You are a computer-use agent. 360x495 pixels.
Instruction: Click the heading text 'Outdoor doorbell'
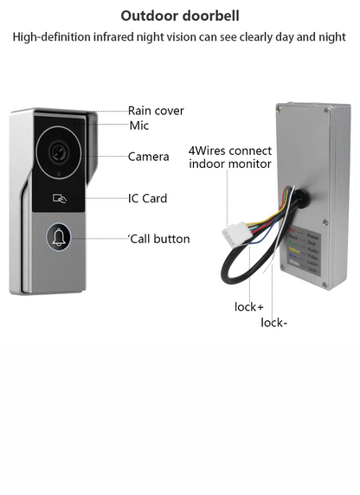(180, 16)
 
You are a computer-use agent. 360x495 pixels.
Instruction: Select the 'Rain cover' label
(156, 111)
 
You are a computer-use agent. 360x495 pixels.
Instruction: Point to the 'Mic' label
(139, 126)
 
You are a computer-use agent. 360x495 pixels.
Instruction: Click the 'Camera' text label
(148, 157)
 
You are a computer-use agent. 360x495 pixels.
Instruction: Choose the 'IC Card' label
(147, 198)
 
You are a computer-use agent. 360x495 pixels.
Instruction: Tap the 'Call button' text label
(159, 239)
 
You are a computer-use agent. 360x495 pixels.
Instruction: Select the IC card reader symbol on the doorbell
(59, 197)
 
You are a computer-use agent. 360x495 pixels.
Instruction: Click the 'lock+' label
(248, 306)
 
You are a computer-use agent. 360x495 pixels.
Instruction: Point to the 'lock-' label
(273, 323)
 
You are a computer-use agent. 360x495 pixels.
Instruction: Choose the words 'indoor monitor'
(229, 164)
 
